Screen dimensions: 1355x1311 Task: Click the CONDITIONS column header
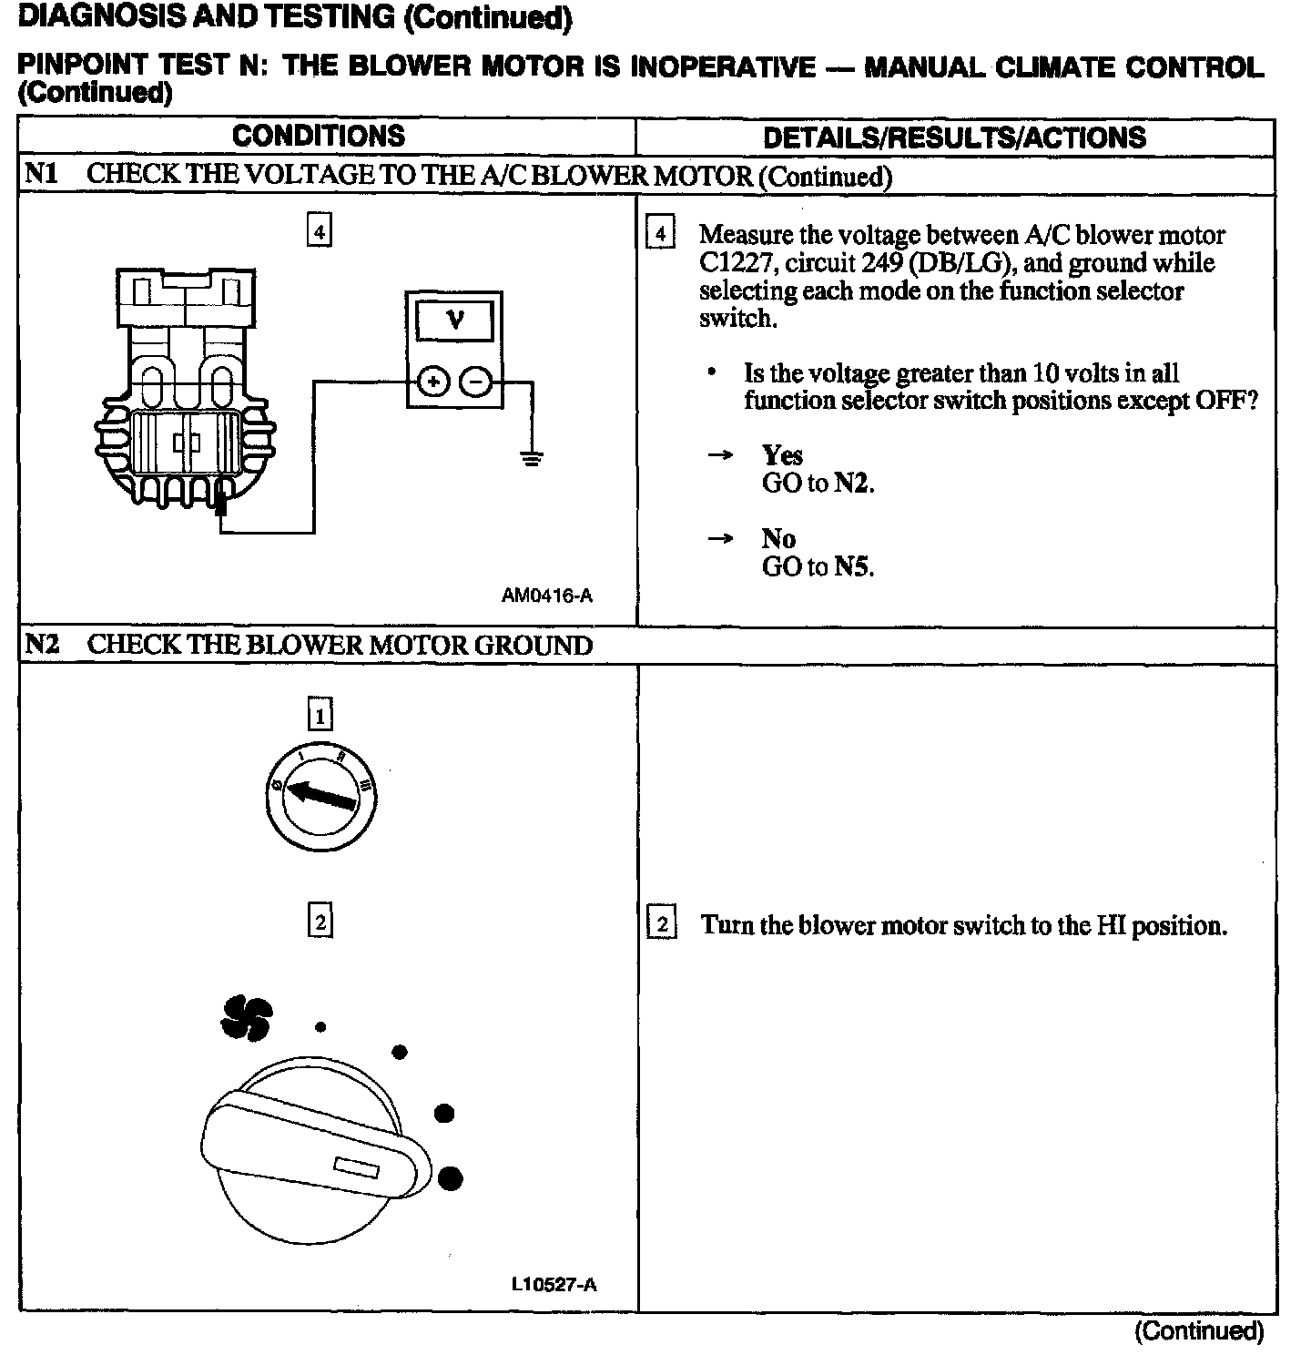[x=319, y=136]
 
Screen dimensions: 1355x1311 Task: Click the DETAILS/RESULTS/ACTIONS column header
[x=954, y=138]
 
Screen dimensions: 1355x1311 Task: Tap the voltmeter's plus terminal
[x=433, y=382]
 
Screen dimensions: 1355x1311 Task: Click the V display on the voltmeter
[x=454, y=321]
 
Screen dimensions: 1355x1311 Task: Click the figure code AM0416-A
[x=547, y=596]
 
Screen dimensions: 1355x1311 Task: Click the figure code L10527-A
[x=554, y=1285]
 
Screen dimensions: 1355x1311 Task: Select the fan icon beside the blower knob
[x=247, y=1016]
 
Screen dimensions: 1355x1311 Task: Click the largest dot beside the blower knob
[x=450, y=1178]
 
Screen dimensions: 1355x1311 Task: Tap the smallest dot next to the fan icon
[x=320, y=1027]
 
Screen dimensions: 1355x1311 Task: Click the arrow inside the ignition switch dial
[x=320, y=795]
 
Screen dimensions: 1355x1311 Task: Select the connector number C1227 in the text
[x=737, y=263]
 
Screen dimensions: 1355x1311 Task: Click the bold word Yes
[x=782, y=454]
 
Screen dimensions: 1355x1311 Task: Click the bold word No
[x=778, y=538]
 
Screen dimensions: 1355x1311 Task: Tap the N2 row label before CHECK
[x=42, y=645]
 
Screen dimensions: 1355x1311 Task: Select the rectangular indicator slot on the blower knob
[x=356, y=1167]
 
